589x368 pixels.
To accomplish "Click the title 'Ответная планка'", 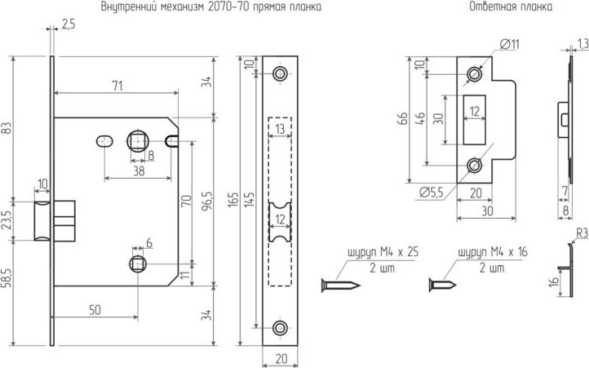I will coord(511,7).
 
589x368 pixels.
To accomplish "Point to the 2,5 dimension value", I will coord(68,25).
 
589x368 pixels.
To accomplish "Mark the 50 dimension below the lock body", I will coord(95,310).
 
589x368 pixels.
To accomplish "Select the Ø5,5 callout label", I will coord(432,193).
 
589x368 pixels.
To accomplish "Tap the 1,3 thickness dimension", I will coord(582,42).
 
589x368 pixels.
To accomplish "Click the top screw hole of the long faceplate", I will coord(280,74).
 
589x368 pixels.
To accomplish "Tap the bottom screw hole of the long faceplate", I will coord(280,328).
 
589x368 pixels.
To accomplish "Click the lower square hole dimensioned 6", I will coord(136,263).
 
